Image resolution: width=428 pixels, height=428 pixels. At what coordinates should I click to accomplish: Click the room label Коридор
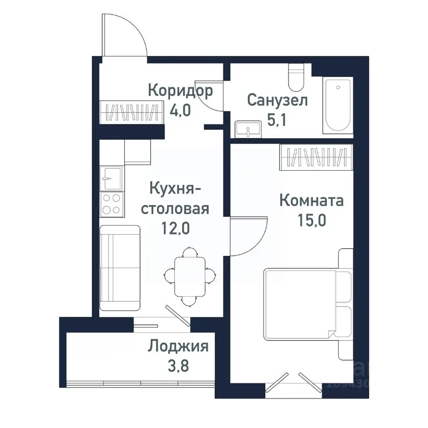[180, 91]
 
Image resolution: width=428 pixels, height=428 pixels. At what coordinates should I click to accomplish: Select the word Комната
[311, 201]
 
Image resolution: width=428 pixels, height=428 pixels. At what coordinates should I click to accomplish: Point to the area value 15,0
[311, 221]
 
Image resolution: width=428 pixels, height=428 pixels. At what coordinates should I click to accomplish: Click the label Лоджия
[178, 346]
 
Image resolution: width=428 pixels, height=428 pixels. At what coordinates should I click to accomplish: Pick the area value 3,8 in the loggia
[178, 367]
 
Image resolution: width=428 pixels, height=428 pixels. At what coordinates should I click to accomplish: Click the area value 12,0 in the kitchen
[175, 228]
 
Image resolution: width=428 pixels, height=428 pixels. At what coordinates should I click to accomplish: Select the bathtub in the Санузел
[337, 105]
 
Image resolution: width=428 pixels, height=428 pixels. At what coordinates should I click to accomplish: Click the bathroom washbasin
[247, 129]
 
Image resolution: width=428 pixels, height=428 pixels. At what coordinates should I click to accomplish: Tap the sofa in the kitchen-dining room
[119, 267]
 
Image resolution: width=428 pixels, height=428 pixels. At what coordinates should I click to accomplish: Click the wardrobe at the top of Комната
[317, 157]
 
